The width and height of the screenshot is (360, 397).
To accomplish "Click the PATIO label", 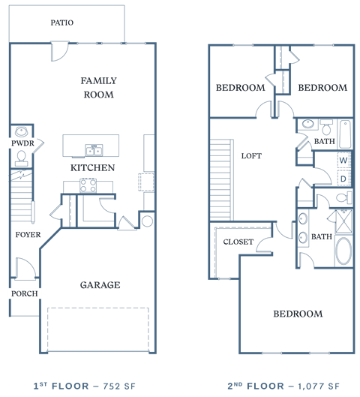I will (x=61, y=23).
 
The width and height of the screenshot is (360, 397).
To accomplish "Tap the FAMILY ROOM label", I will (x=98, y=88).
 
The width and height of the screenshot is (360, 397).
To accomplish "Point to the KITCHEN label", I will (x=93, y=168).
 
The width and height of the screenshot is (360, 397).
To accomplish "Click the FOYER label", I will (x=28, y=235).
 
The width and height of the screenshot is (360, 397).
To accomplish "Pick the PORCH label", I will (x=23, y=293).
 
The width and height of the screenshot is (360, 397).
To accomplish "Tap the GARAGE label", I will (x=100, y=285).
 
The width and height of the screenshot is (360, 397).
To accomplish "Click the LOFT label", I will (x=250, y=156).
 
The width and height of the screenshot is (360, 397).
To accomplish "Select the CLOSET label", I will (x=238, y=242).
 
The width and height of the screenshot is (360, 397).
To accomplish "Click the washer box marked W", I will (x=343, y=160).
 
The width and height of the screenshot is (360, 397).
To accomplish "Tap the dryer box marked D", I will (x=343, y=179).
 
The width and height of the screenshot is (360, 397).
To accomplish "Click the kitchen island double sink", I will (x=94, y=149).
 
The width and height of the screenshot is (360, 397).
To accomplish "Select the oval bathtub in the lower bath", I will (x=343, y=251).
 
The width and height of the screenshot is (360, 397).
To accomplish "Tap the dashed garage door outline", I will (x=98, y=329).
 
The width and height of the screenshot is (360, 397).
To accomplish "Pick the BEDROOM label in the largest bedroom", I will (x=298, y=313).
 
